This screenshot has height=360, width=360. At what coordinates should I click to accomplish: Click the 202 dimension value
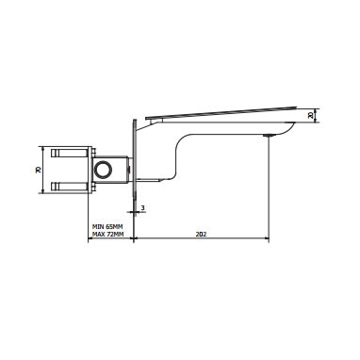pos(201,234)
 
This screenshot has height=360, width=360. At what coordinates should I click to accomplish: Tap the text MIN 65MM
pos(107,226)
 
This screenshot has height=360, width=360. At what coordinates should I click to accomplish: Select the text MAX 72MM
pos(108,235)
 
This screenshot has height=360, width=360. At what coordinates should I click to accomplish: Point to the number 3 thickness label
pos(143,207)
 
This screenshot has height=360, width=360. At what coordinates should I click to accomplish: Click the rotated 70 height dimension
pos(39,170)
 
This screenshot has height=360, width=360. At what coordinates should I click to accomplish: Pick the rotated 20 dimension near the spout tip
pos(311,116)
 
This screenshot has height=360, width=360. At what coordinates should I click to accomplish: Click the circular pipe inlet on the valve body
pos(104,170)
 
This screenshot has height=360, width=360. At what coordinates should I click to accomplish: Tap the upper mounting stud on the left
pos(69,154)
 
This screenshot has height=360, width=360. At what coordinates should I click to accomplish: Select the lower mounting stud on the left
pos(69,187)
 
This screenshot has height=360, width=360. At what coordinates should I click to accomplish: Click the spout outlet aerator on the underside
pos(269,136)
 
